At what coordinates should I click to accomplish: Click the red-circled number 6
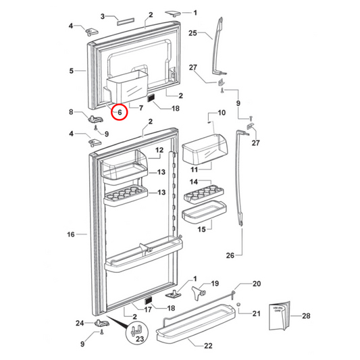119,112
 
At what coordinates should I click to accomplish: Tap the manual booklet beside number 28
280,316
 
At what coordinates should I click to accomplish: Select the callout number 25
192,33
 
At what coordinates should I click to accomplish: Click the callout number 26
229,255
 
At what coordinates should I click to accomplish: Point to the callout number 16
71,234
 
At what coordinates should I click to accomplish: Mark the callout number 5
71,70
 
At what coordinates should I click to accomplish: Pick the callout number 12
160,150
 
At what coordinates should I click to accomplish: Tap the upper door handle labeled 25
218,51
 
